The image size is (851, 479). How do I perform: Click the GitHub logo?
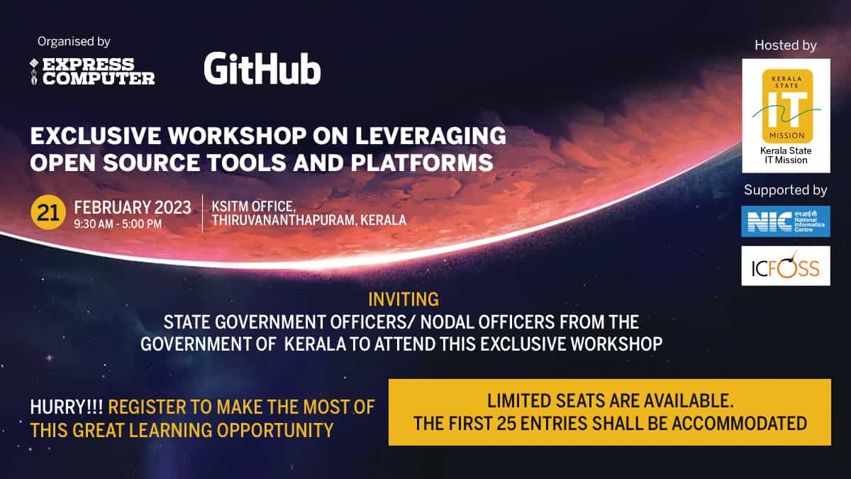262,69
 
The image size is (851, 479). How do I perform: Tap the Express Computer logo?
92,72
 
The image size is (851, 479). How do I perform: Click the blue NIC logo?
786,221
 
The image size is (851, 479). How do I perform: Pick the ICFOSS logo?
786,266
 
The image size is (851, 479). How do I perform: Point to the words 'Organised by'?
74,42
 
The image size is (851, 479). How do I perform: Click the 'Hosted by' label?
786,45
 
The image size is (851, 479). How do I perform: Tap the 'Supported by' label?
786,190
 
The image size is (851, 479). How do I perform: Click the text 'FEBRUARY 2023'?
133,208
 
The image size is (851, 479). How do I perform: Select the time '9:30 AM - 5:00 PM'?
118,224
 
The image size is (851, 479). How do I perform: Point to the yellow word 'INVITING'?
404,299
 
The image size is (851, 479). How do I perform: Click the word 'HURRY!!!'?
67,407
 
